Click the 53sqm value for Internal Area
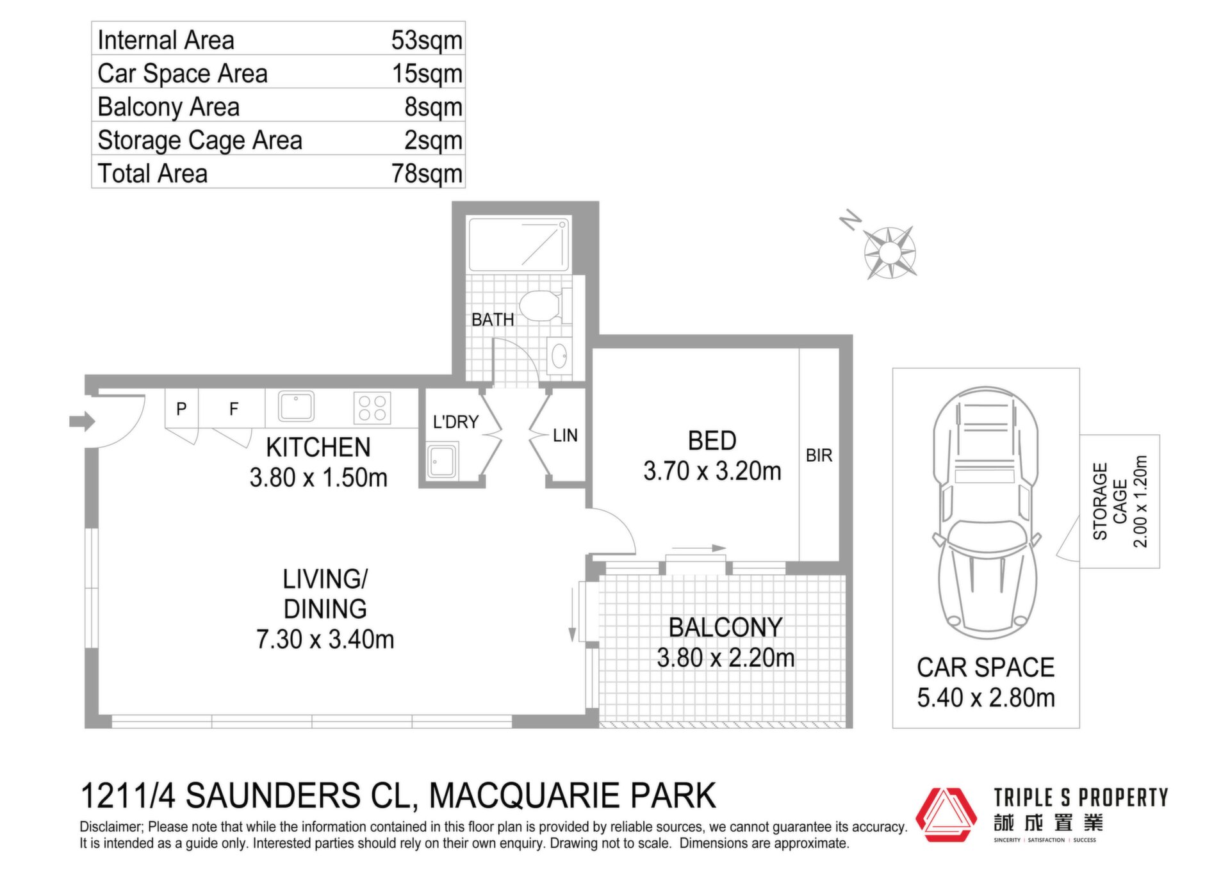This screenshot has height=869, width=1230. [x=427, y=40]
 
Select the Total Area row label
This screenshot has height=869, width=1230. [x=152, y=174]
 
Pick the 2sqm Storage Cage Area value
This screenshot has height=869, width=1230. [x=433, y=140]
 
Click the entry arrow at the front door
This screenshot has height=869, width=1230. [x=82, y=421]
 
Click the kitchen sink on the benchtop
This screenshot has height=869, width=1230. [x=296, y=406]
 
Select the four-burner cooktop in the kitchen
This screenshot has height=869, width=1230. [x=372, y=407]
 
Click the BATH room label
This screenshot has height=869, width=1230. [x=493, y=320]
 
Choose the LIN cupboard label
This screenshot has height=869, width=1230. [x=565, y=435]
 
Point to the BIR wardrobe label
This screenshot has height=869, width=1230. [x=819, y=455]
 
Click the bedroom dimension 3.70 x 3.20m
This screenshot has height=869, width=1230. [x=712, y=471]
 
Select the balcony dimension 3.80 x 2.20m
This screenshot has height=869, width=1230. [x=726, y=658]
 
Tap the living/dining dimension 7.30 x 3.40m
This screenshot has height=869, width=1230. [x=325, y=639]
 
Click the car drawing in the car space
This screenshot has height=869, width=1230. [x=986, y=512]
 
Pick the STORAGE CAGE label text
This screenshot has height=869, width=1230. [x=1110, y=501]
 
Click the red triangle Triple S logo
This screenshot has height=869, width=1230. [x=946, y=815]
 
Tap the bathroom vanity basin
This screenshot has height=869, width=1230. [x=559, y=356]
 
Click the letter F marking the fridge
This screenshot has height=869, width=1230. [x=234, y=409]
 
